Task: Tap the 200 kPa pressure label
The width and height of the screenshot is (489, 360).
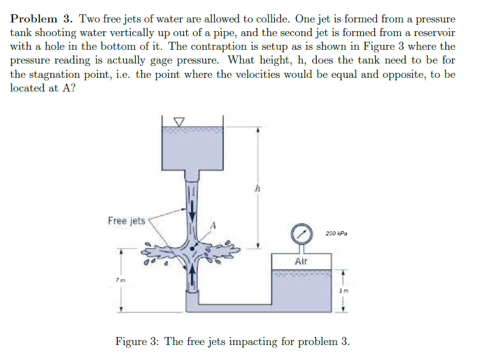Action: pyautogui.click(x=336, y=234)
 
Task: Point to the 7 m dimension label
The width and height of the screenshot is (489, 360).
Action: pyautogui.click(x=119, y=280)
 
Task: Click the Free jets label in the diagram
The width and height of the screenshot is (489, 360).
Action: pyautogui.click(x=126, y=220)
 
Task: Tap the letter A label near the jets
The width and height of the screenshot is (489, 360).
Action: pyautogui.click(x=212, y=226)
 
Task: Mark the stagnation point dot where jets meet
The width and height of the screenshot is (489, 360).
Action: pyautogui.click(x=194, y=248)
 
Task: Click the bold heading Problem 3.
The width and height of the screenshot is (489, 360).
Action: pyautogui.click(x=42, y=19)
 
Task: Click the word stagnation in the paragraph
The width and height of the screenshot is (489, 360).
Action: pyautogui.click(x=65, y=74)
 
